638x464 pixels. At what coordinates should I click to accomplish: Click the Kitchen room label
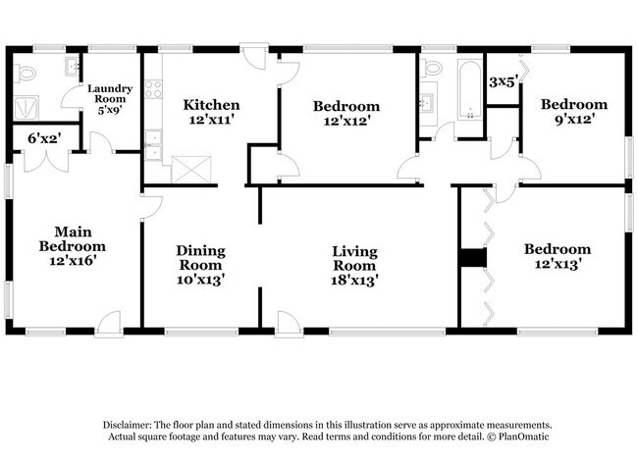[211, 105]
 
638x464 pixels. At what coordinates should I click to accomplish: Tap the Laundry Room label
[110, 94]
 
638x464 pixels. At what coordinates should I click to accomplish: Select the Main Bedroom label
[73, 239]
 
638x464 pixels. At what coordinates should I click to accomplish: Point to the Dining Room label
[200, 258]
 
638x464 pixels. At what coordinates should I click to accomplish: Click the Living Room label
[354, 259]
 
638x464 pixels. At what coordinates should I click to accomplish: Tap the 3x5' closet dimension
[504, 81]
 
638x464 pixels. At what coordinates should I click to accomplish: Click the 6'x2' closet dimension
[44, 138]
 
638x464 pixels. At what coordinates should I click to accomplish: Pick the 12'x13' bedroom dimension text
[558, 264]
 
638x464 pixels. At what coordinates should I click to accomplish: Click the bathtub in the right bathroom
[470, 90]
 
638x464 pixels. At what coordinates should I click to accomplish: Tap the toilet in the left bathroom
[26, 74]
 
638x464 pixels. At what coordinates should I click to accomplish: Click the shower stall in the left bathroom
[27, 108]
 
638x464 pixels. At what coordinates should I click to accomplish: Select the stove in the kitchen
[153, 89]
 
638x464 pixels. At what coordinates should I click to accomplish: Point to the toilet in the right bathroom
[431, 68]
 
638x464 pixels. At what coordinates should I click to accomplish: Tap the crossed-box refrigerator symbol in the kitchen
[191, 170]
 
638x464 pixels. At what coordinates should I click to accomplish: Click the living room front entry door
[289, 324]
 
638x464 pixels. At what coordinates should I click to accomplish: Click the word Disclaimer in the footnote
[127, 426]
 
